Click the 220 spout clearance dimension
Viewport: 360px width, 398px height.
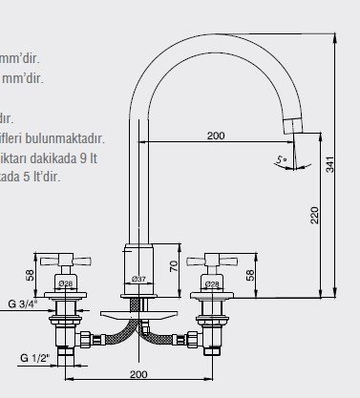(314, 217)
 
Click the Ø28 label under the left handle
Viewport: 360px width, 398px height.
(65, 283)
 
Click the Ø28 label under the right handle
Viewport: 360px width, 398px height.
(212, 283)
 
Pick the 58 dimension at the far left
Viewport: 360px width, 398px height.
(30, 274)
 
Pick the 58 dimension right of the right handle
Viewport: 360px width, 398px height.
(250, 274)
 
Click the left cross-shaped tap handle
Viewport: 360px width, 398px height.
(65, 260)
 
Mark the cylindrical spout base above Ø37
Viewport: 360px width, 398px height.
(138, 259)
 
